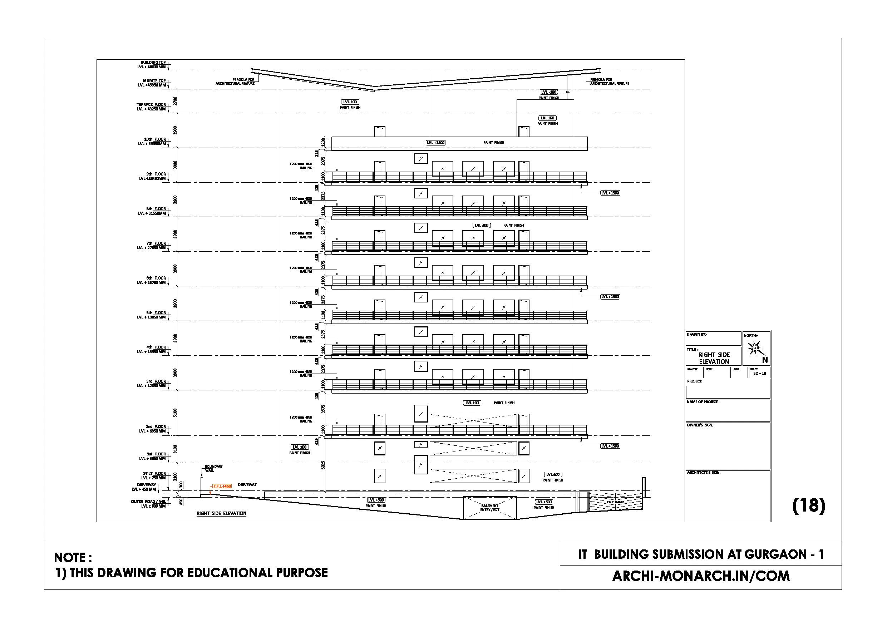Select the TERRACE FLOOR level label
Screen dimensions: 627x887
[151, 107]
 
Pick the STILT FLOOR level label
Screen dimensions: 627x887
[153, 475]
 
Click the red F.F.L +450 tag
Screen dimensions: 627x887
[222, 486]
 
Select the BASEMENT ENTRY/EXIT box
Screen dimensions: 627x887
[490, 508]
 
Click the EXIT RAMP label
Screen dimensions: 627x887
[615, 502]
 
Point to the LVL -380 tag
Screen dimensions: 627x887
[548, 92]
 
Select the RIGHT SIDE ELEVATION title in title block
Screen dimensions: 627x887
[714, 358]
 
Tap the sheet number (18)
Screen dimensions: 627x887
[808, 505]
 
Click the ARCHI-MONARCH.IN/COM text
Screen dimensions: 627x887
[701, 576]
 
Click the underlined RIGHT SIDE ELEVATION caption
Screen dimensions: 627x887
[221, 513]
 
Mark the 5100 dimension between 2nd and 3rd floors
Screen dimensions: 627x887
[175, 412]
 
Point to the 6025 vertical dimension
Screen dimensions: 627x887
[323, 465]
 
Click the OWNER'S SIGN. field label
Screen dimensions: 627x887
[700, 425]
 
